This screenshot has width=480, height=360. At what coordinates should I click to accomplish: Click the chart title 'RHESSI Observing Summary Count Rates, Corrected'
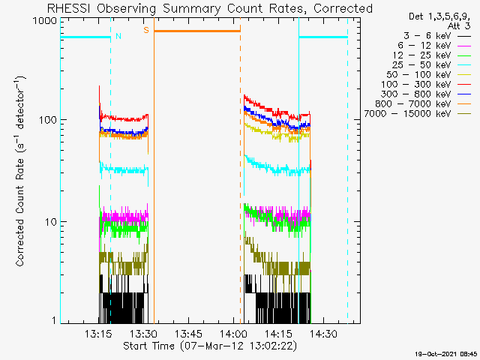click(209, 8)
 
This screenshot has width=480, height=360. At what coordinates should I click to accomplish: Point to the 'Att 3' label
click(457, 25)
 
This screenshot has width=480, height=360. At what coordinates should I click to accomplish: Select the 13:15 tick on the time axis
click(98, 334)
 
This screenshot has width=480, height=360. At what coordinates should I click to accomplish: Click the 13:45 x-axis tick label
click(188, 334)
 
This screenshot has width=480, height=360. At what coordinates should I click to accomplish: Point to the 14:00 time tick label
click(233, 334)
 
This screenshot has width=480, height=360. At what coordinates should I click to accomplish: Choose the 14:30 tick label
click(323, 334)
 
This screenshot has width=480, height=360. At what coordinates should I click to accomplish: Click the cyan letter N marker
click(118, 35)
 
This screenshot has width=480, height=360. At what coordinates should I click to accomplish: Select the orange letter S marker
click(145, 30)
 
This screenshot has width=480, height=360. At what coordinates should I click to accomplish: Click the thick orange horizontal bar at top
click(197, 31)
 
